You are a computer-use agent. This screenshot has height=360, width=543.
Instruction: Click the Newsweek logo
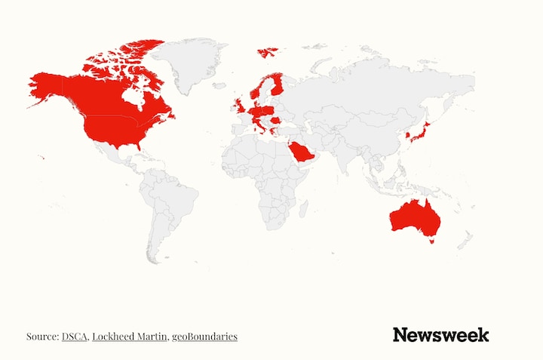pos(440,335)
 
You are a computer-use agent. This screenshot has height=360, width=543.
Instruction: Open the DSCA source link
pos(75,336)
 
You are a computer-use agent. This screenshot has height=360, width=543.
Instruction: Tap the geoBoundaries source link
pos(204,336)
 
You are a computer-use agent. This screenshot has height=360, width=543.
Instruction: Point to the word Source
pos(41,336)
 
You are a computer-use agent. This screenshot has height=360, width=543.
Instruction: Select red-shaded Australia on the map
pos(414,217)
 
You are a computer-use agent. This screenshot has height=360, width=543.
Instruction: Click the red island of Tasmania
pos(431,242)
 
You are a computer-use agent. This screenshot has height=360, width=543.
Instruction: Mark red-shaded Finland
pos(278,82)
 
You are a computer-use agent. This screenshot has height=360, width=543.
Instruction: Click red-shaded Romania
pos(275,119)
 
